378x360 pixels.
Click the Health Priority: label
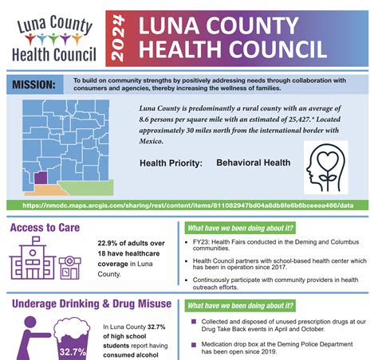171,162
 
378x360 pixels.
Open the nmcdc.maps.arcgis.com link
189,205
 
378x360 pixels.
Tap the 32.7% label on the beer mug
71,351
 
